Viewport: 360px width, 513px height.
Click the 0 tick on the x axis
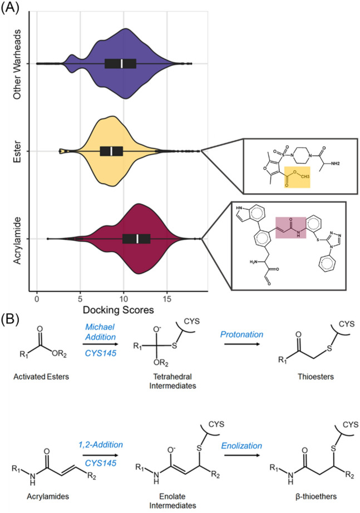pyautogui.click(x=37, y=298)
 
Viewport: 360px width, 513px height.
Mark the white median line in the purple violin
pyautogui.click(x=122, y=63)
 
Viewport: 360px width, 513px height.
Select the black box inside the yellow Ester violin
pyautogui.click(x=111, y=151)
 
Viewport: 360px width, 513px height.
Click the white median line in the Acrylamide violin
pyautogui.click(x=137, y=239)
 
